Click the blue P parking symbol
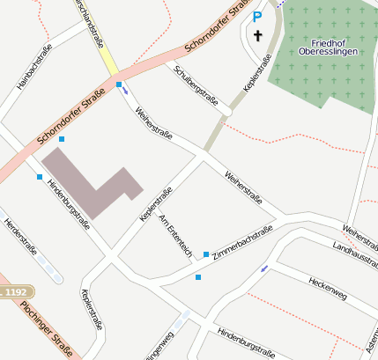[257, 16]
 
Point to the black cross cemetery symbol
[258, 36]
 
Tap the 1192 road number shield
[15, 291]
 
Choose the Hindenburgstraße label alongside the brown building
[69, 200]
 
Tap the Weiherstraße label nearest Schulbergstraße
[154, 125]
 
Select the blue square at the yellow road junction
[119, 84]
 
